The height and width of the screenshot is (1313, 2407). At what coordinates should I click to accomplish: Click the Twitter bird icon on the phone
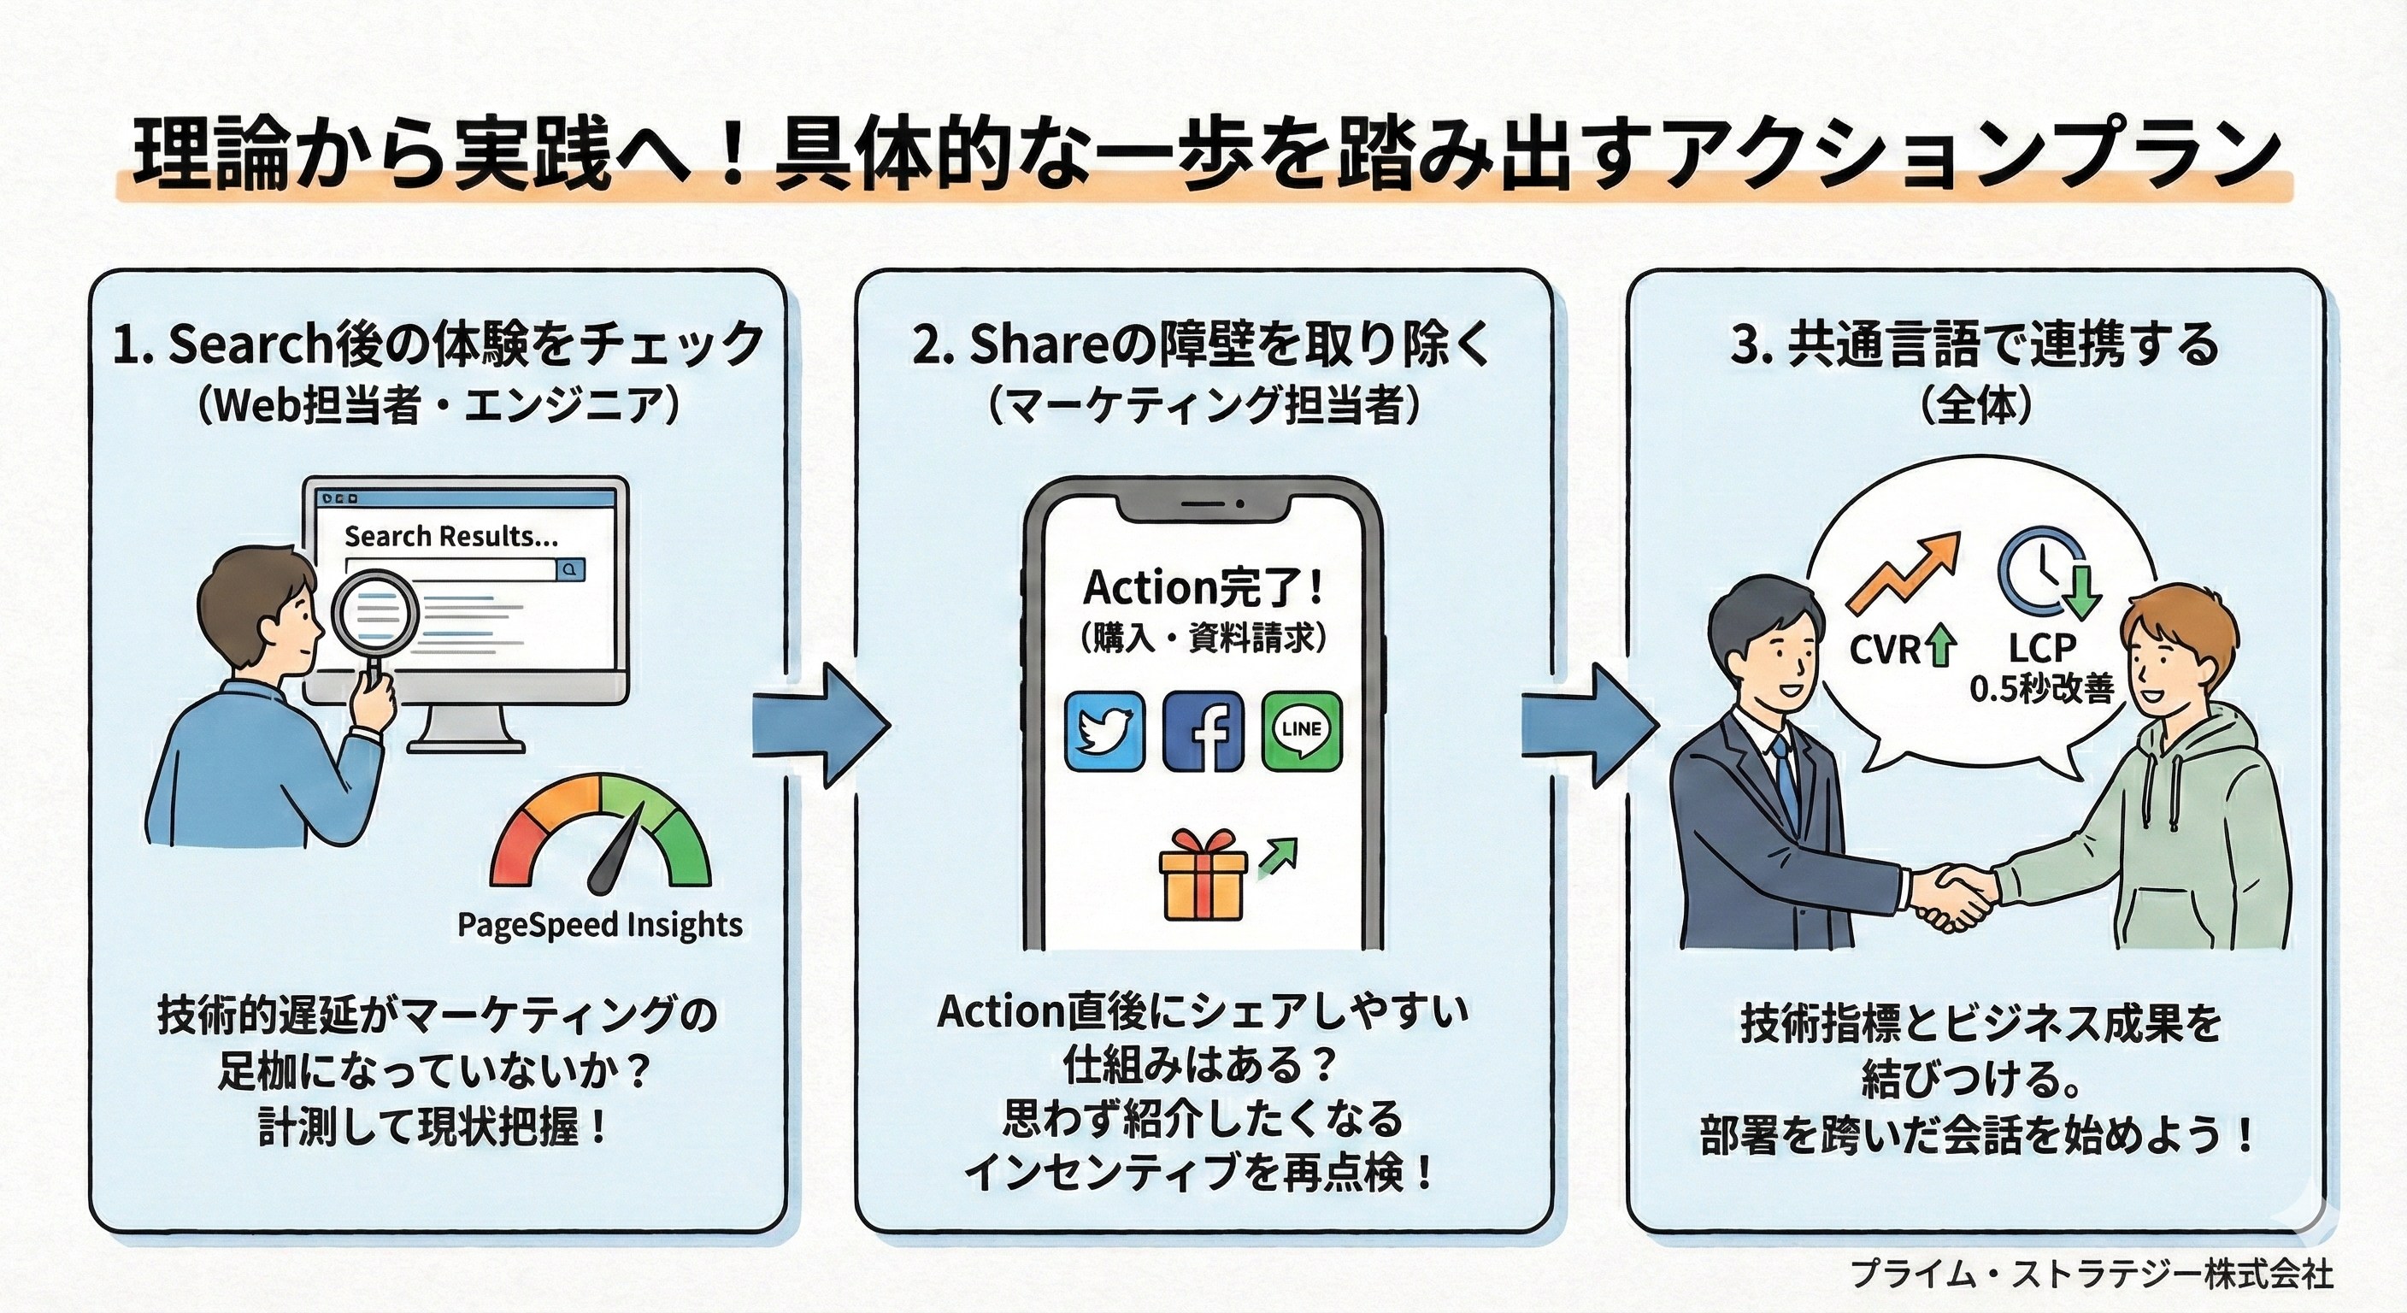point(1104,731)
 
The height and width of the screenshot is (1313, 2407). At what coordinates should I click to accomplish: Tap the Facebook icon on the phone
point(1203,731)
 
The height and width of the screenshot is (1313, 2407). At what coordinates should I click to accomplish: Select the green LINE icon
point(1302,731)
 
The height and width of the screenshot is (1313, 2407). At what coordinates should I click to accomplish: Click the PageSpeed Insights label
point(600,924)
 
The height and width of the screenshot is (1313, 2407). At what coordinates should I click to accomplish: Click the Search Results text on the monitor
point(451,537)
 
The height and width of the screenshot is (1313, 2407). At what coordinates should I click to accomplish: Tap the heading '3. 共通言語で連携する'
point(1975,344)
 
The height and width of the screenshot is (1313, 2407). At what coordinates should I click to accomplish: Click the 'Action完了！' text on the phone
point(1203,588)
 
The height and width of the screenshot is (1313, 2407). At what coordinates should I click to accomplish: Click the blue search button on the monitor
point(570,569)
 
